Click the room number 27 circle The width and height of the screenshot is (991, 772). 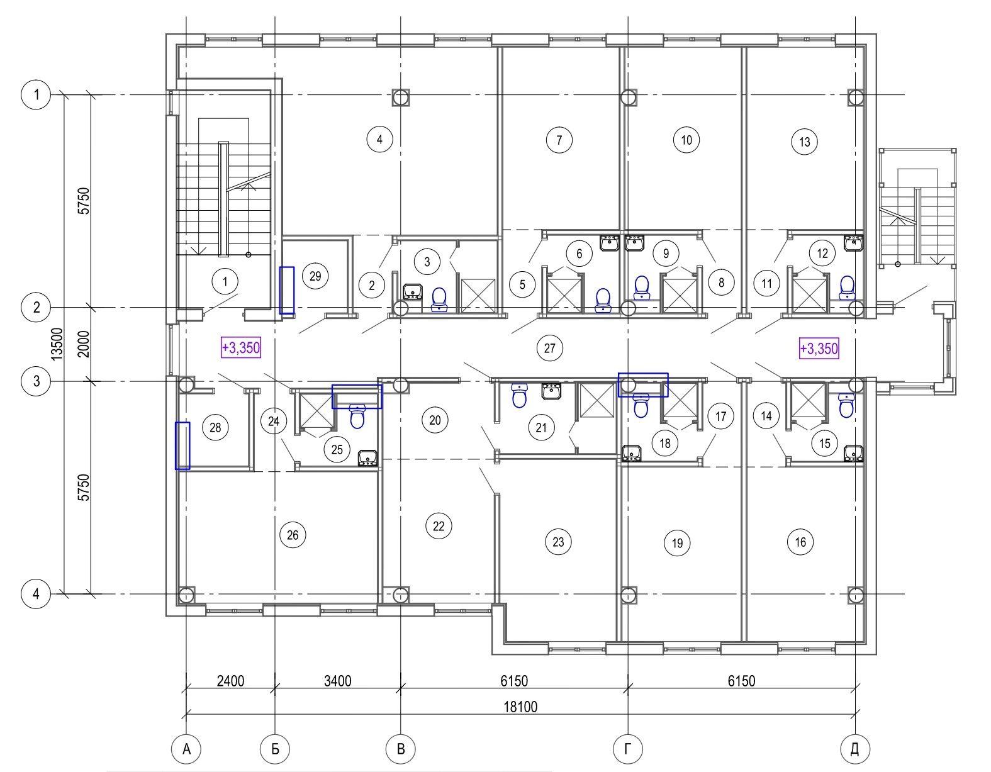pyautogui.click(x=549, y=348)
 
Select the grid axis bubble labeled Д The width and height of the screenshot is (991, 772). pyautogui.click(x=854, y=749)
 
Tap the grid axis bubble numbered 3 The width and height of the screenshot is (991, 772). pyautogui.click(x=36, y=381)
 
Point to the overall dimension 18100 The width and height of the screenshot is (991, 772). pyautogui.click(x=520, y=707)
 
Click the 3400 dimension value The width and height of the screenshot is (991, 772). pyautogui.click(x=337, y=681)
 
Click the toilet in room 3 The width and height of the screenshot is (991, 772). pyautogui.click(x=439, y=299)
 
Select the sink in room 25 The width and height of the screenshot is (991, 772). pyautogui.click(x=367, y=458)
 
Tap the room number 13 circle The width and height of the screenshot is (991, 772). pyautogui.click(x=805, y=142)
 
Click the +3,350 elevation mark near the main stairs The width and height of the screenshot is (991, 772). pyautogui.click(x=241, y=348)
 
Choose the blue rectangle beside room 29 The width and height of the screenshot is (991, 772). pyautogui.click(x=287, y=291)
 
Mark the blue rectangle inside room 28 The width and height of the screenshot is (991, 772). pyautogui.click(x=183, y=445)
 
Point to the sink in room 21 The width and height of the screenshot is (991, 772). pyautogui.click(x=551, y=391)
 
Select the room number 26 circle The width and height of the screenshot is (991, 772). pyautogui.click(x=293, y=535)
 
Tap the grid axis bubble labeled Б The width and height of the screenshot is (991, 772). pyautogui.click(x=275, y=749)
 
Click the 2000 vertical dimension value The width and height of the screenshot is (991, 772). pyautogui.click(x=84, y=344)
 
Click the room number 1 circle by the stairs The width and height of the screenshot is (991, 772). pyautogui.click(x=225, y=281)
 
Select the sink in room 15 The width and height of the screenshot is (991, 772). pyautogui.click(x=853, y=454)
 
